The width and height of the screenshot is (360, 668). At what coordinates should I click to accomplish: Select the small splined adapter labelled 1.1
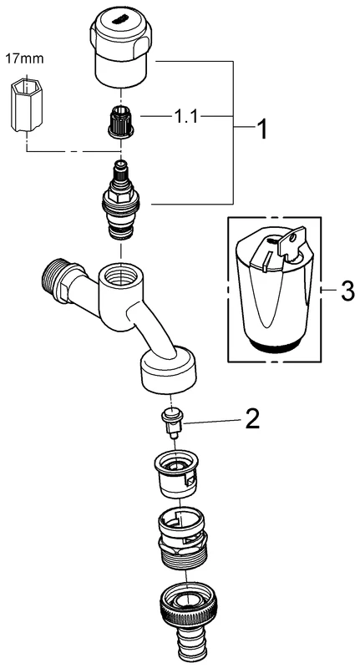pyautogui.click(x=121, y=124)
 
